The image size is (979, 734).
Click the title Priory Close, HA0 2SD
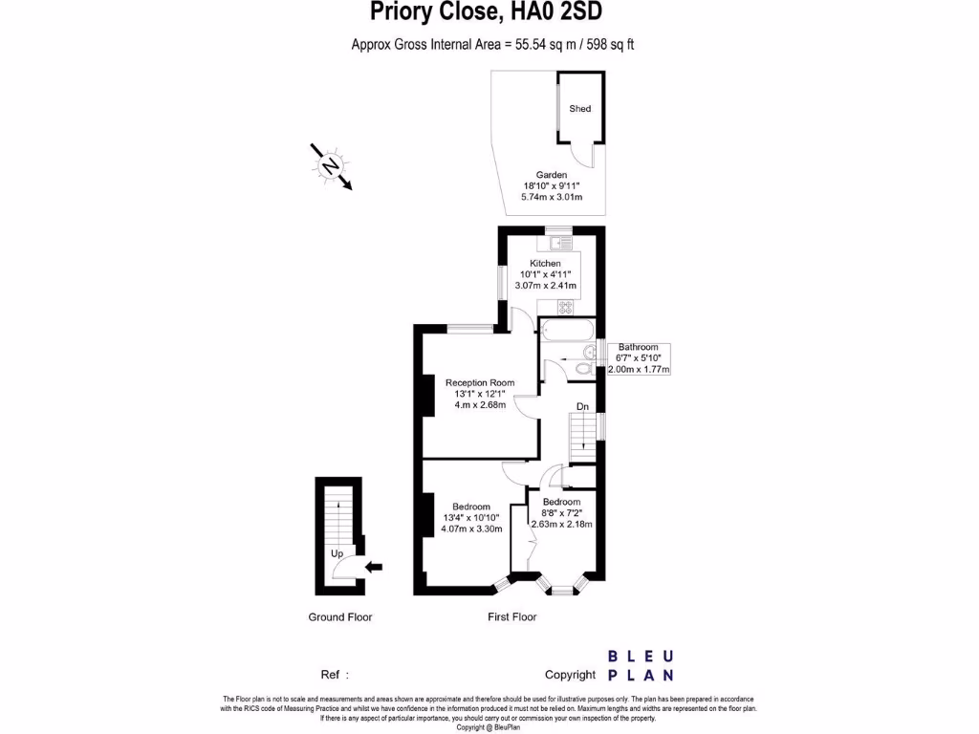pyautogui.click(x=486, y=12)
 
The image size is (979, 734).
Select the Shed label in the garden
pyautogui.click(x=580, y=109)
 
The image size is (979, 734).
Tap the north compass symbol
pyautogui.click(x=331, y=166)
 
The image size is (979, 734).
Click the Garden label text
pyautogui.click(x=552, y=176)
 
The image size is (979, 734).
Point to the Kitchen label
pyautogui.click(x=546, y=264)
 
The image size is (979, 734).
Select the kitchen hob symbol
pyautogui.click(x=565, y=307)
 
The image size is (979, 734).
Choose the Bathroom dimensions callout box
pyautogui.click(x=638, y=358)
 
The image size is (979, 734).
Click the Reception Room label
pyautogui.click(x=480, y=383)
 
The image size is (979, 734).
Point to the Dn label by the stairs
pyautogui.click(x=582, y=406)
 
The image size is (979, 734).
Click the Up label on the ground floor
pyautogui.click(x=337, y=553)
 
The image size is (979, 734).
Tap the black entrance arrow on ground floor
pyautogui.click(x=374, y=567)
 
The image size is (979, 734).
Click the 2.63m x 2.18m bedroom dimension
pyautogui.click(x=561, y=524)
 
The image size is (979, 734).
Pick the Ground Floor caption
pyautogui.click(x=339, y=617)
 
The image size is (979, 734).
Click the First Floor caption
pyautogui.click(x=512, y=617)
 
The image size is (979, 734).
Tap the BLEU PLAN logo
pyautogui.click(x=642, y=665)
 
